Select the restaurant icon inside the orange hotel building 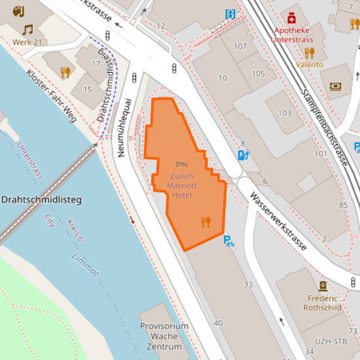tap(206, 222)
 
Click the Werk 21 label tap(27, 43)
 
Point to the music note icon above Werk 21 tap(27, 29)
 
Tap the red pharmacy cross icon tap(291, 18)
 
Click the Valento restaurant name tap(310, 64)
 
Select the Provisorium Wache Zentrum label tap(164, 336)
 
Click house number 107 tap(240, 46)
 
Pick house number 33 tap(247, 284)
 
